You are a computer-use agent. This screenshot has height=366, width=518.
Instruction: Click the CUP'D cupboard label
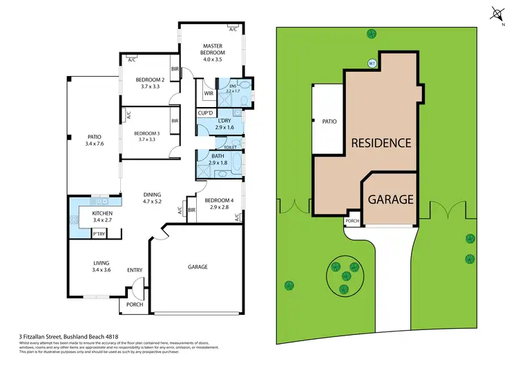[205, 113]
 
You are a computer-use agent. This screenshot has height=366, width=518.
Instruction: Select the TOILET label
[231, 148]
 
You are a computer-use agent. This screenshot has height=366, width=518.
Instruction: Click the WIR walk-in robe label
[208, 94]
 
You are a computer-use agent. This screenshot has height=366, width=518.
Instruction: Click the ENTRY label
[134, 271]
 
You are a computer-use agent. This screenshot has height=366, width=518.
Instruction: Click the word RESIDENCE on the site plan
[381, 144]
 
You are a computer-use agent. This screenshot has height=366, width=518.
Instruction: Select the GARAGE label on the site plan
[390, 200]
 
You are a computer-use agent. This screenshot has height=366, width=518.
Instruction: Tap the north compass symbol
[498, 14]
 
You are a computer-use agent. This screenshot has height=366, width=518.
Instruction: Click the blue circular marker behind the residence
[372, 64]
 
